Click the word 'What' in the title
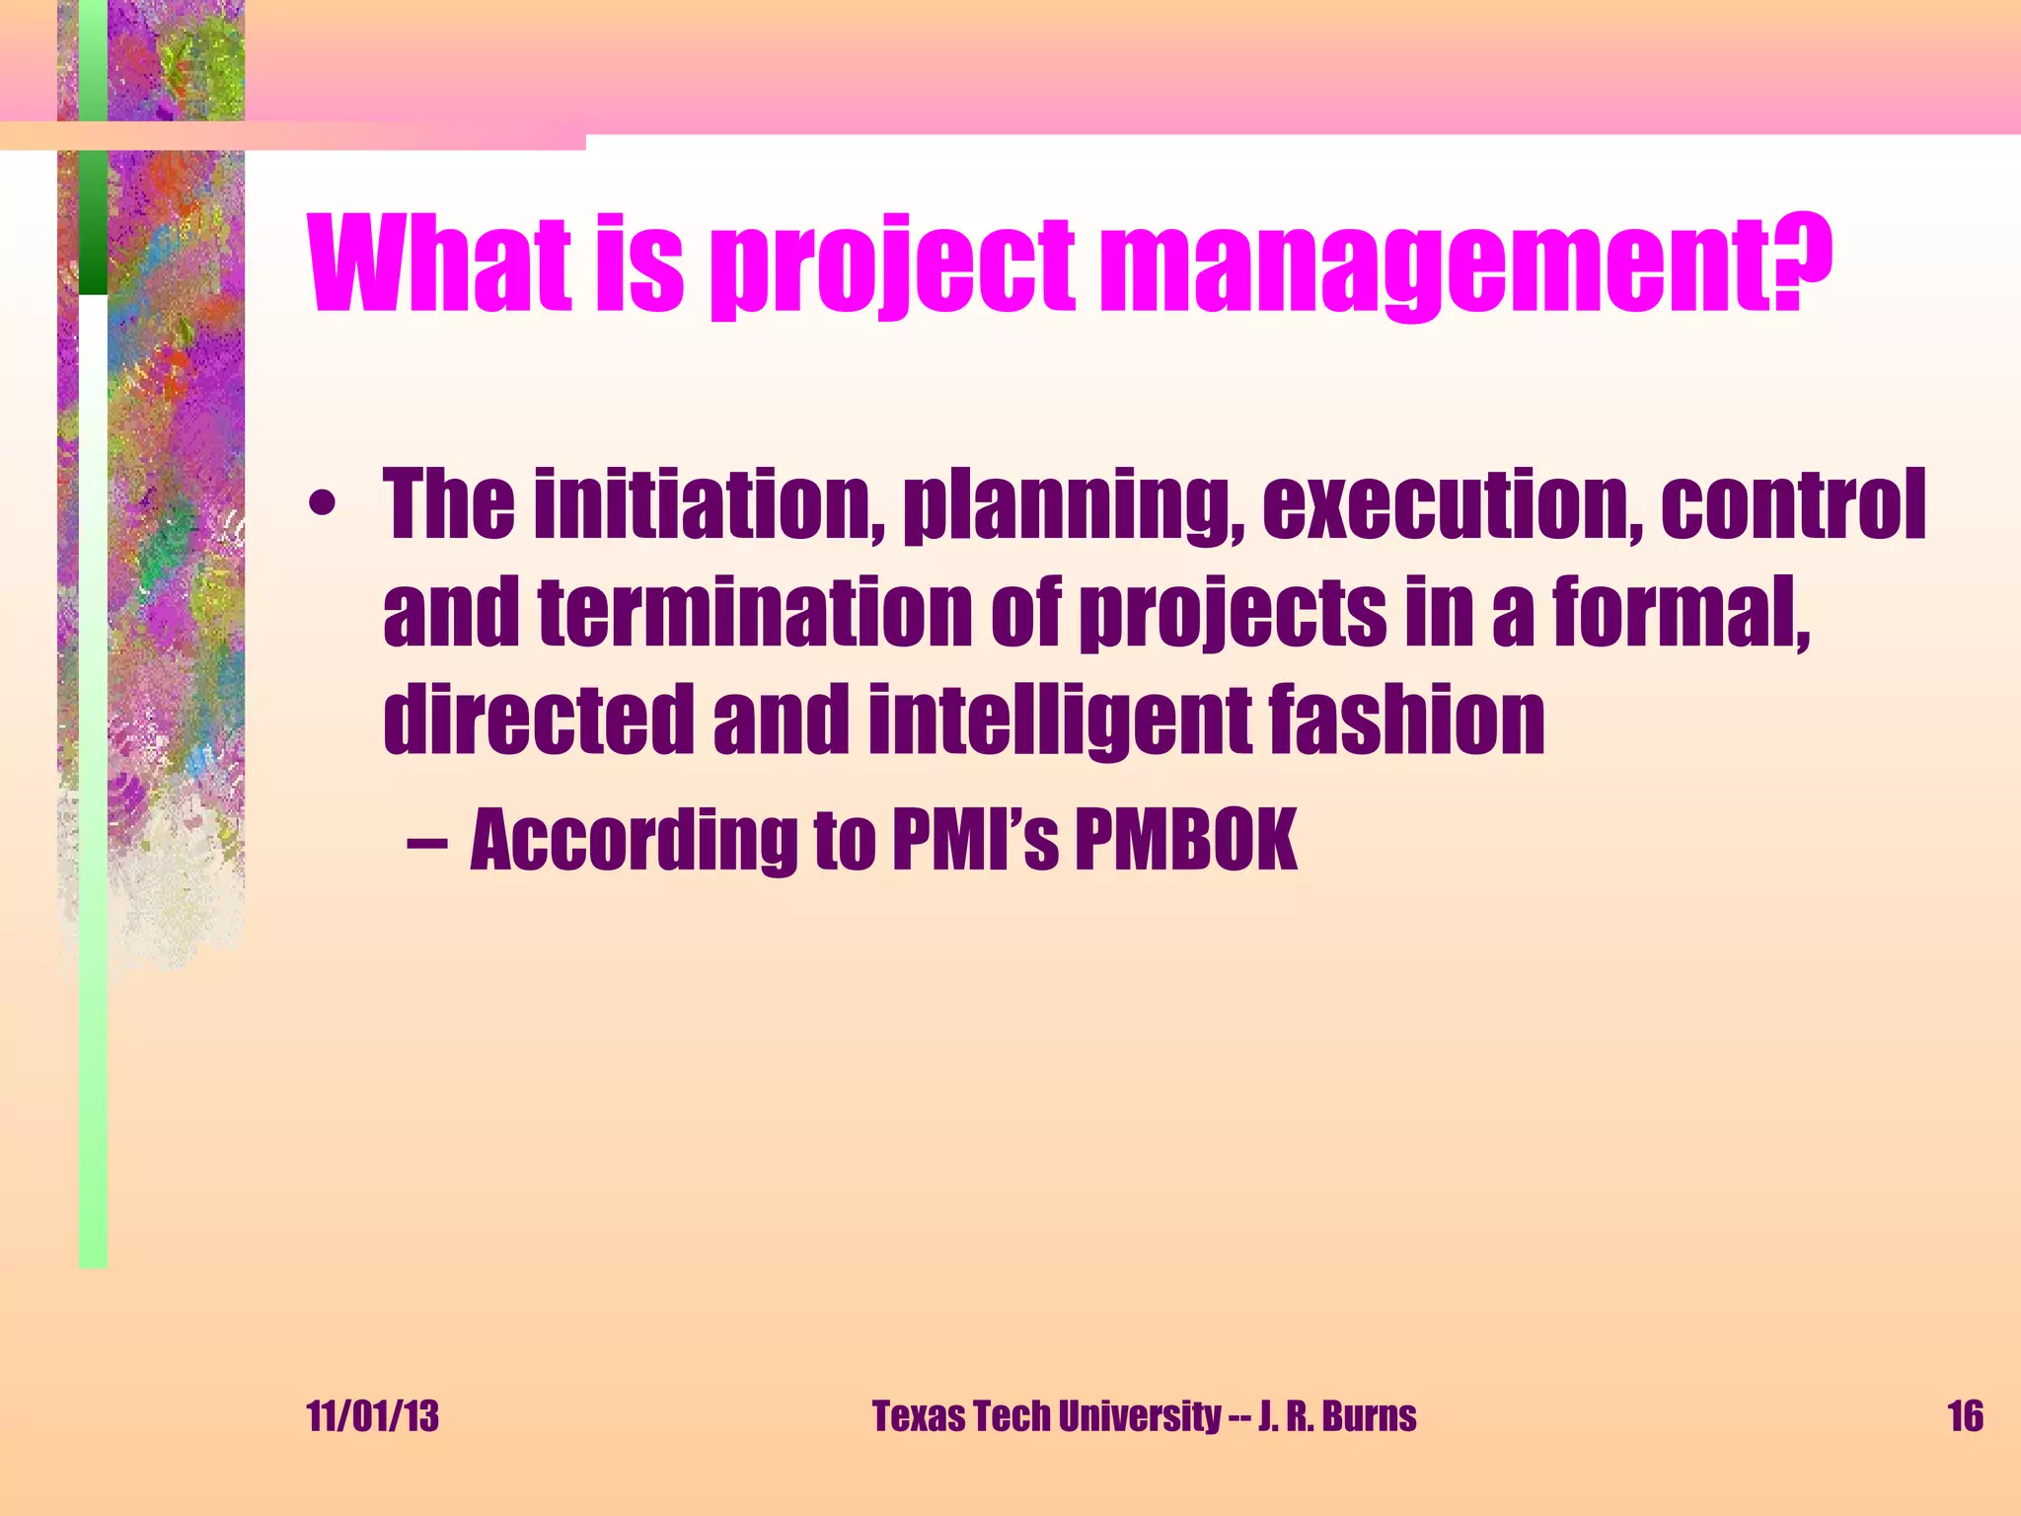coord(440,263)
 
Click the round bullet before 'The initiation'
coord(322,506)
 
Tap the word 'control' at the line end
coord(1792,506)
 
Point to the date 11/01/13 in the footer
coord(373,1416)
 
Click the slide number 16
coord(1964,1416)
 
